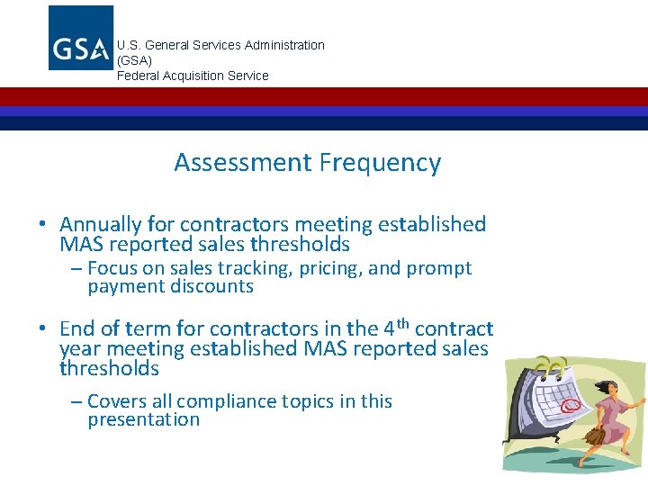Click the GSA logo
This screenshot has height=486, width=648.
pyautogui.click(x=81, y=38)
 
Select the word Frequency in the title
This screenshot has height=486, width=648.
pyautogui.click(x=379, y=164)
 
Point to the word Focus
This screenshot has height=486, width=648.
pyautogui.click(x=112, y=268)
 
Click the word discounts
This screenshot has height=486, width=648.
pyautogui.click(x=213, y=286)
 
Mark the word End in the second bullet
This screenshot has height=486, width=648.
pyautogui.click(x=78, y=328)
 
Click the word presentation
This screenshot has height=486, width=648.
pyautogui.click(x=143, y=419)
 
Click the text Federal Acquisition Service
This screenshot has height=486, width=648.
pyautogui.click(x=193, y=76)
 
